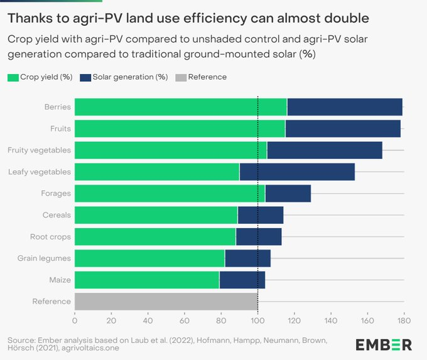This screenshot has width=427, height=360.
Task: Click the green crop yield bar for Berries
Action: click(180, 107)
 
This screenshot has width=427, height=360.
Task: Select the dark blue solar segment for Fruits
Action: click(343, 129)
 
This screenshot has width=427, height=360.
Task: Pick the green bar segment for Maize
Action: click(147, 280)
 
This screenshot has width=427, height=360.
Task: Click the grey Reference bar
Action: click(166, 302)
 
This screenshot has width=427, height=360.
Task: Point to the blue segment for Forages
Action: click(288, 194)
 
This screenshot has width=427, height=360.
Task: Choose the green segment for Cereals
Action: click(156, 215)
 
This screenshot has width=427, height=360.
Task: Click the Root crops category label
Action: click(50, 237)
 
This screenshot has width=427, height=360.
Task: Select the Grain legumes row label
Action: click(45, 258)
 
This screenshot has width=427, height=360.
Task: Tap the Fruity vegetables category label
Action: click(39, 150)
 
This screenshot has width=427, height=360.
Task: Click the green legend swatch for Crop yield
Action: click(13, 77)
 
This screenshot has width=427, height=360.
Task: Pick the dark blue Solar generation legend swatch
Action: click(85, 77)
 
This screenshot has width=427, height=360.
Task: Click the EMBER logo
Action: click(384, 344)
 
